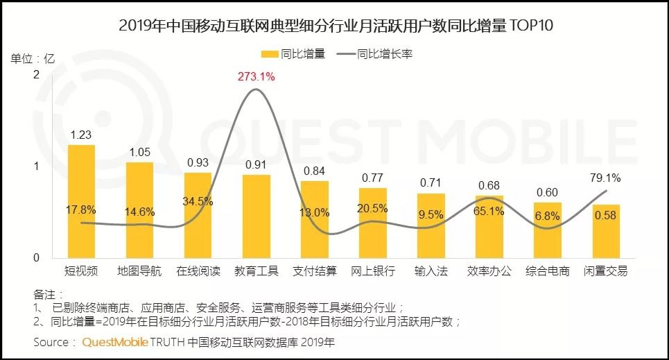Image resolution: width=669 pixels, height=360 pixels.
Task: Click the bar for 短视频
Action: pos(81,201)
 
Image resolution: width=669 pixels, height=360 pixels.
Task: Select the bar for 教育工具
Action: pos(256,216)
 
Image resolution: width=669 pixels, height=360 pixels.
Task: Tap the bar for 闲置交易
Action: pos(606,231)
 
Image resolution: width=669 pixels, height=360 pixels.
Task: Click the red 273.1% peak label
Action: pos(256,77)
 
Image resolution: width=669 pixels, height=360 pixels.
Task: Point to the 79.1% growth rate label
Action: pos(606,178)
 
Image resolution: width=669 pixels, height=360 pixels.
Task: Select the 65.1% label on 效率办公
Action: pos(489,212)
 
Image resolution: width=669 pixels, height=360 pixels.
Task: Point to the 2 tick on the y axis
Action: pos(36,74)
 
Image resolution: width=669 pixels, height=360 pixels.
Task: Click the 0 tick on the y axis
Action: pos(36,258)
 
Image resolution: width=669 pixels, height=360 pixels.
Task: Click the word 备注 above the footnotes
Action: pos(44,293)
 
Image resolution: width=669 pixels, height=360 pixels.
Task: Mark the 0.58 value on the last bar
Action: pos(606,215)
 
